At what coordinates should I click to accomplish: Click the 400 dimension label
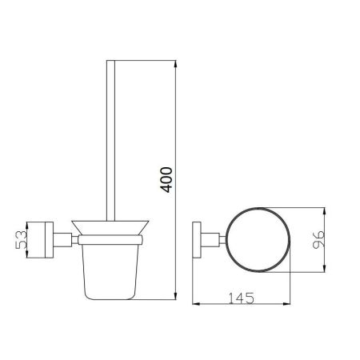point(166,180)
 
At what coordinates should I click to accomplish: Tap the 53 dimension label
point(22,240)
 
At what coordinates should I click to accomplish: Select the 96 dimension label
point(318,240)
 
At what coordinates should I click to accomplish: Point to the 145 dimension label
point(242,298)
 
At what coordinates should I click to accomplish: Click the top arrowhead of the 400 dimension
point(175,65)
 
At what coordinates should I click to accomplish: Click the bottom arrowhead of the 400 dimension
point(175,296)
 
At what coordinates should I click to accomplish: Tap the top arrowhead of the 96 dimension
point(324,211)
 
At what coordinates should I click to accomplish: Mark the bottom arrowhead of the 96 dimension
point(324,268)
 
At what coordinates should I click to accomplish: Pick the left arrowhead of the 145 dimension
point(196,304)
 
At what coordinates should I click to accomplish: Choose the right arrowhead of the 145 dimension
point(286,304)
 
